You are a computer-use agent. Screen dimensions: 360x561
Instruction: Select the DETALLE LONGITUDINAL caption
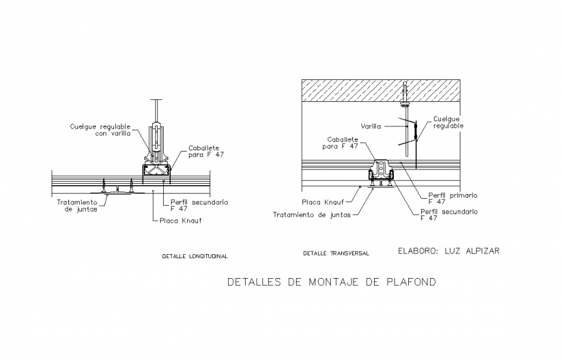pos(195,256)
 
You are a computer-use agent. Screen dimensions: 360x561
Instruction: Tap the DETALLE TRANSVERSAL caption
pos(336,254)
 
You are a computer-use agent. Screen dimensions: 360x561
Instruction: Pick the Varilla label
pos(372,126)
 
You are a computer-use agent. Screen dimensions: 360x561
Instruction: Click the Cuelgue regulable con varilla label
pos(100,130)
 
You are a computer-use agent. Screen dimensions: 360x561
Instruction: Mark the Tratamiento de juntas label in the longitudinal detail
pos(77,205)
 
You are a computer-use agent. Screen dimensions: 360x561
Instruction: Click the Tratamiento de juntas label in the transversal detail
pos(313,215)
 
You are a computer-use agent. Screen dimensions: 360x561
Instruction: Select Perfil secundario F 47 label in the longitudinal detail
pos(199,205)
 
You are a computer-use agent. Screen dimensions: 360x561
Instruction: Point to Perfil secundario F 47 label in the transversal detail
pos(449,214)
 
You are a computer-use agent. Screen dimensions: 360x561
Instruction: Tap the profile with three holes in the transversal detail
pos(382,170)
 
